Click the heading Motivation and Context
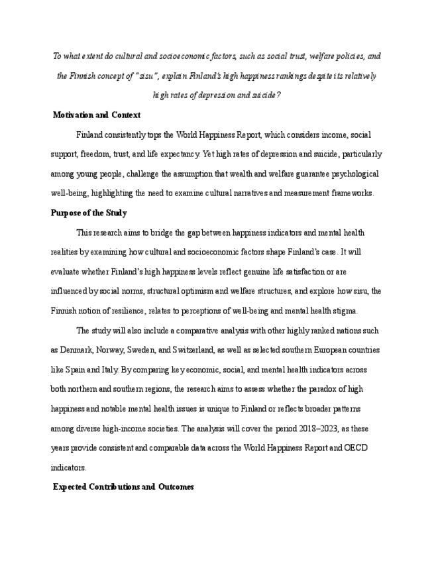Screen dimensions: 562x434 tap(96, 115)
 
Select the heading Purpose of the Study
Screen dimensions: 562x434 tap(89, 213)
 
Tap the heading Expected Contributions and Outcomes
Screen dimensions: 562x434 tap(123, 487)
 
